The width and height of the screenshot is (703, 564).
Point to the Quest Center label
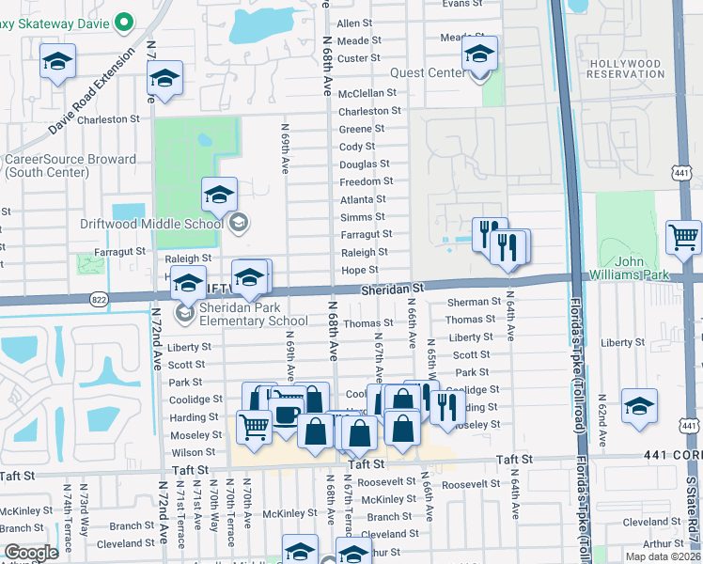pyautogui.click(x=430, y=72)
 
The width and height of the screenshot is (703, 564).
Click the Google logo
pyautogui.click(x=31, y=553)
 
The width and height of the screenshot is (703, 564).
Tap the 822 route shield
pyautogui.click(x=98, y=299)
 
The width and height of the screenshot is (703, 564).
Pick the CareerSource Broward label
pyautogui.click(x=70, y=166)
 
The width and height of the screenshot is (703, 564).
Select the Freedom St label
pyautogui.click(x=366, y=181)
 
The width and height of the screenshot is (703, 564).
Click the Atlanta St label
pyautogui.click(x=362, y=199)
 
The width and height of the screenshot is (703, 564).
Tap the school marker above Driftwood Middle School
pyautogui.click(x=220, y=195)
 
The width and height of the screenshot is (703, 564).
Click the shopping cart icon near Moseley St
pyautogui.click(x=255, y=427)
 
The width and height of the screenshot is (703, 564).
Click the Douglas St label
pyautogui.click(x=365, y=164)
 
